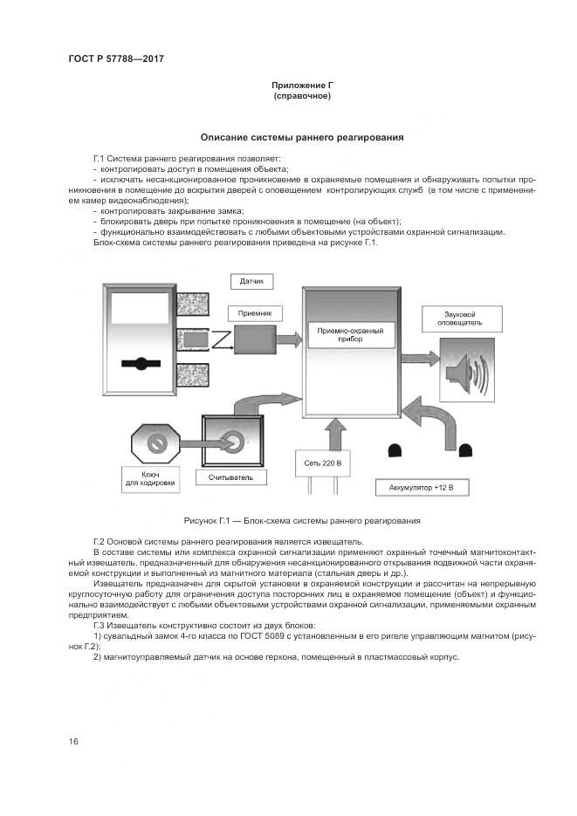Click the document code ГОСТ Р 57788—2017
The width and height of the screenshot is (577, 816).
[x=116, y=59]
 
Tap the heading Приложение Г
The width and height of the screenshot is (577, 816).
[x=302, y=85]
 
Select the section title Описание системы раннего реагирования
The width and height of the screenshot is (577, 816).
[x=302, y=137]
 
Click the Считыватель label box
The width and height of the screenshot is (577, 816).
[x=230, y=478]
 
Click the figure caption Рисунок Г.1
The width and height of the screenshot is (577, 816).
[x=302, y=520]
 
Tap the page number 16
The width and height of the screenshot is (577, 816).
[x=73, y=741]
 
